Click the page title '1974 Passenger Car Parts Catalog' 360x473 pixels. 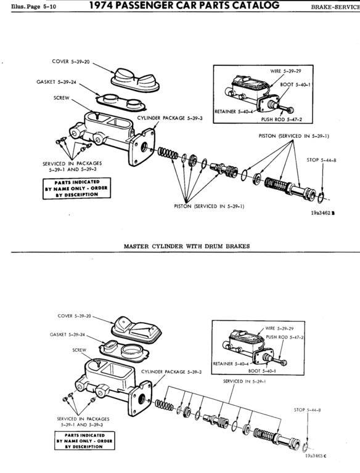(184, 5)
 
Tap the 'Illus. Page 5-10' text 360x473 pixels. (33, 7)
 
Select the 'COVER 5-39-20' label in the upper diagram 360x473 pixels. (71, 62)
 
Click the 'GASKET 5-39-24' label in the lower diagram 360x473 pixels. (67, 334)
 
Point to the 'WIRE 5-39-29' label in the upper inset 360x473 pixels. (285, 71)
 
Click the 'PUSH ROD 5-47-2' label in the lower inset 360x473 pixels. (285, 338)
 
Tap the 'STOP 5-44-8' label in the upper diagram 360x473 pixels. (321, 160)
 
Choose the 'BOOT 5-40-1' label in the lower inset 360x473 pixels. (262, 371)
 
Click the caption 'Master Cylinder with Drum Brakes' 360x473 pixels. (187, 246)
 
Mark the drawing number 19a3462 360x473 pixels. (323, 213)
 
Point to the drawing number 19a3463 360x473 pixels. (316, 456)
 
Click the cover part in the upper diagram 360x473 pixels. (135, 80)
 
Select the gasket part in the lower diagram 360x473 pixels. (125, 351)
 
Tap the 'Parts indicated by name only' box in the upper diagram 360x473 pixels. (76, 188)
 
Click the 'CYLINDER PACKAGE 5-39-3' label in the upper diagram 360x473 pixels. (170, 118)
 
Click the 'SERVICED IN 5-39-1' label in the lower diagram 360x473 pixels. (245, 381)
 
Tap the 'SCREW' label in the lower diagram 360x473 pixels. (80, 350)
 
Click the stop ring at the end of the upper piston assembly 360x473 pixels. (321, 198)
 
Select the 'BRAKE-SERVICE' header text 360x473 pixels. (335, 7)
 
